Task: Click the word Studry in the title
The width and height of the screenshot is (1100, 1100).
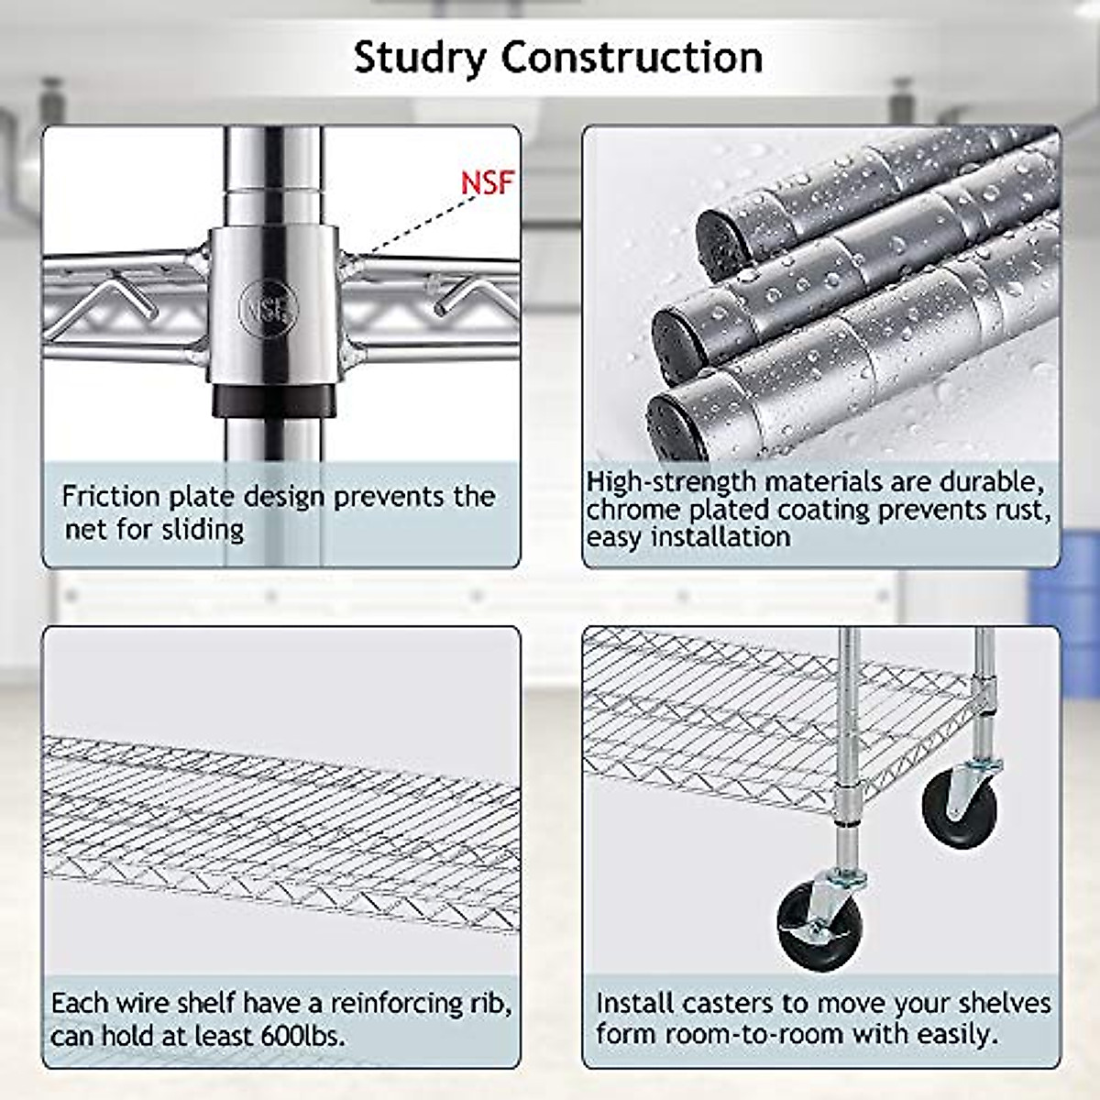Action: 421,57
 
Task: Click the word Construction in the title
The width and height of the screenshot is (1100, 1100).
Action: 632,57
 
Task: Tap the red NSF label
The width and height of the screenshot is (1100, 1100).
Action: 487,182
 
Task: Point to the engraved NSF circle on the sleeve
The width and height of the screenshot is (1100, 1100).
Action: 269,306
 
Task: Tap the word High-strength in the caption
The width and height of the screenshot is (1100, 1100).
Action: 671,481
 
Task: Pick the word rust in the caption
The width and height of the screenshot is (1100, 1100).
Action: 1020,509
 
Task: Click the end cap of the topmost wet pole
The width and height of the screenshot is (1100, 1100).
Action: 715,243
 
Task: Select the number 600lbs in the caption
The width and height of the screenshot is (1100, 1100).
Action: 302,1036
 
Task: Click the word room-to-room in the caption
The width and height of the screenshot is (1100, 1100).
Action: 753,1034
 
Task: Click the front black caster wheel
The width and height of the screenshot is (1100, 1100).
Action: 819,926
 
